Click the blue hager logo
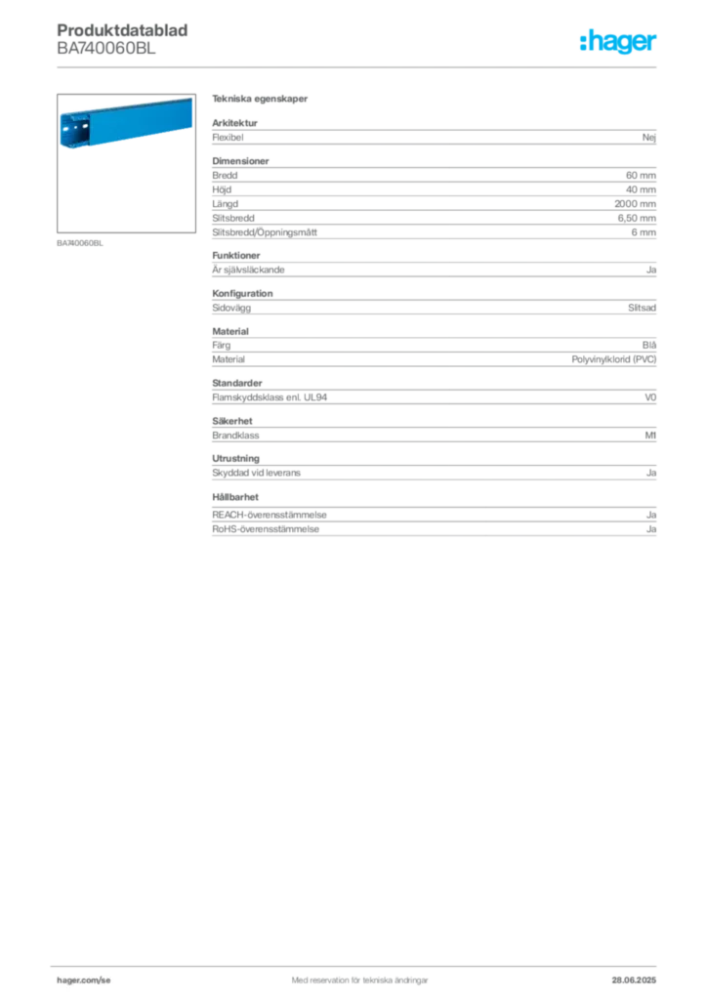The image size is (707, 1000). (x=620, y=43)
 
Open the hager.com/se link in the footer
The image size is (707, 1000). (x=85, y=978)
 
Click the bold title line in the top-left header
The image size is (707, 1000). (x=125, y=30)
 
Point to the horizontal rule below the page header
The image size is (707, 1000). (x=359, y=67)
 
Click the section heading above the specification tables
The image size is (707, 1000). (x=262, y=101)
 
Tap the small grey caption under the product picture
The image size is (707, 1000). (x=80, y=243)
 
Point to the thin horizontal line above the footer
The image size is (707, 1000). (x=359, y=961)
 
